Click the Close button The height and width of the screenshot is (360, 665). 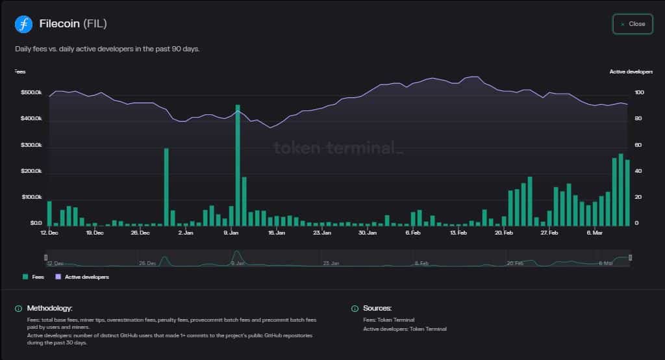(x=633, y=24)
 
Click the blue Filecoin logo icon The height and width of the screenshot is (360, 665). (x=23, y=25)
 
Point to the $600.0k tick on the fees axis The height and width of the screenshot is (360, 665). (x=31, y=93)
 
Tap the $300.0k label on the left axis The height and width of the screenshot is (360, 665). (x=31, y=145)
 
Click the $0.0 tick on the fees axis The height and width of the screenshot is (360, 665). (x=36, y=224)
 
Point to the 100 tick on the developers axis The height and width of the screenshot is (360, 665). (x=621, y=93)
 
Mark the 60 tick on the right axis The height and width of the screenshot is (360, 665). (x=620, y=145)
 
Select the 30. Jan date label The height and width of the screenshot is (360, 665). (x=367, y=232)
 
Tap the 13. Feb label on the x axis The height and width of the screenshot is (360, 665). (x=458, y=232)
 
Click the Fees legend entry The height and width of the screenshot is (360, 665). (x=33, y=277)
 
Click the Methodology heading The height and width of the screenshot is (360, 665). (x=49, y=308)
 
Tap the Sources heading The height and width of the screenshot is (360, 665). (x=377, y=308)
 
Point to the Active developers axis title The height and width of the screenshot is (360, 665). (x=626, y=71)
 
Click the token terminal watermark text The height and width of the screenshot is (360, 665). (x=338, y=148)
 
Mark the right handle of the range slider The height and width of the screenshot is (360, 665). (x=630, y=259)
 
